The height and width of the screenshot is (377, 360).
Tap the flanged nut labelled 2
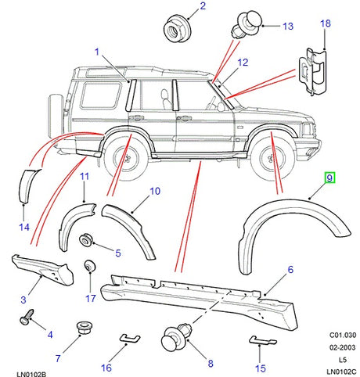point(175,31)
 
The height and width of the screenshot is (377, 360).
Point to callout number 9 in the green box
point(330,178)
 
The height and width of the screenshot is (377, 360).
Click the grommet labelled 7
point(80,329)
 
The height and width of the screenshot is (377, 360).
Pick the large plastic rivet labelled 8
point(171,338)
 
